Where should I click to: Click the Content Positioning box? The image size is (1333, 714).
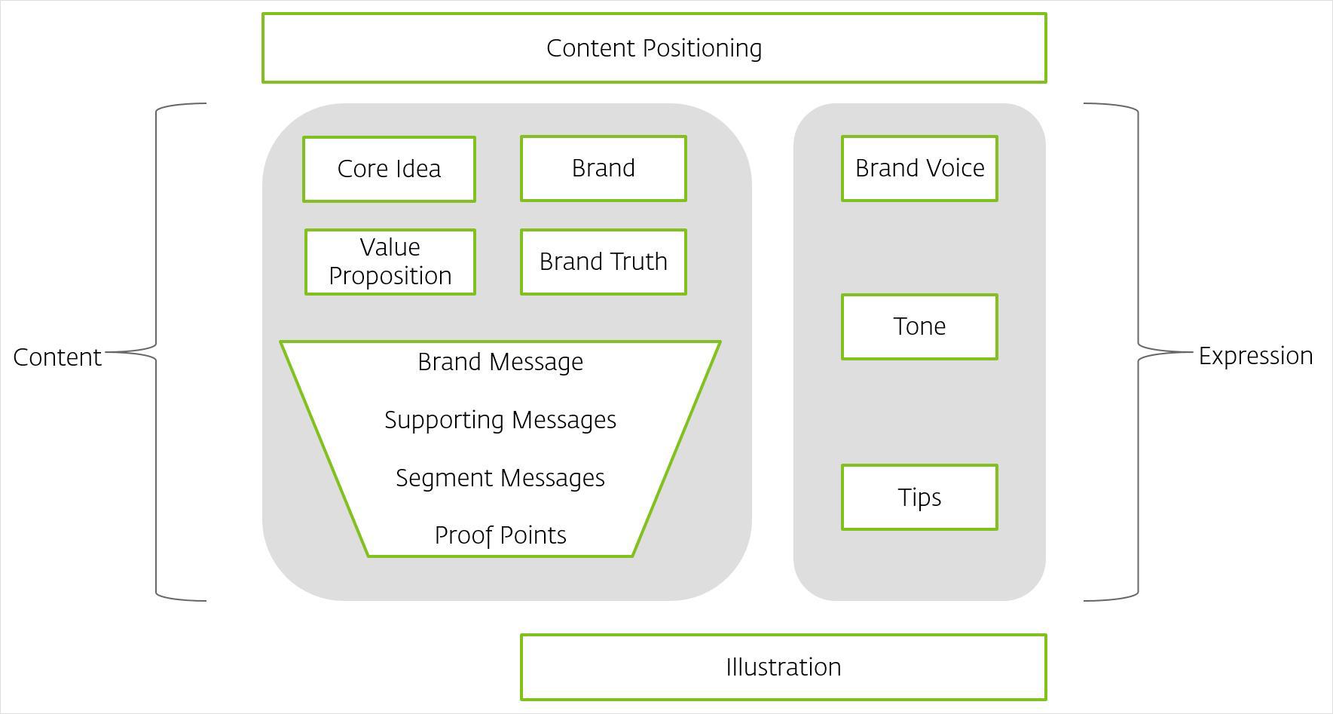tap(654, 47)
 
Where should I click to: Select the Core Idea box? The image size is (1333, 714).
tap(389, 169)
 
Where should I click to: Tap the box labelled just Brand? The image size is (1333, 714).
tap(604, 168)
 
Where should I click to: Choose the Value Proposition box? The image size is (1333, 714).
tap(390, 262)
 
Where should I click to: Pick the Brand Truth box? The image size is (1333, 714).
tap(604, 262)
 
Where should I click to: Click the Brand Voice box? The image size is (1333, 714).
tap(919, 168)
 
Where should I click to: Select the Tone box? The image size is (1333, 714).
tap(919, 326)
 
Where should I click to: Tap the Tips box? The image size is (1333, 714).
tap(919, 497)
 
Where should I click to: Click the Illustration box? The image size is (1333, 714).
tap(784, 667)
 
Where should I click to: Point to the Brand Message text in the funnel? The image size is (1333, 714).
tap(500, 362)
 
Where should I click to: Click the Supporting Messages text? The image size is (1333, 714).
tap(500, 420)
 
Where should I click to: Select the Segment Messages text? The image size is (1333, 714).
tap(500, 478)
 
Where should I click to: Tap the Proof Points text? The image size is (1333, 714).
tap(500, 535)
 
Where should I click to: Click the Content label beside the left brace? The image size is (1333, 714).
tap(57, 357)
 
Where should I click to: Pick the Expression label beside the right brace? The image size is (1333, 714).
tap(1255, 356)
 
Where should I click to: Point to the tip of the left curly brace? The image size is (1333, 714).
tap(106, 352)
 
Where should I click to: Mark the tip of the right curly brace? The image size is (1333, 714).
tap(1193, 352)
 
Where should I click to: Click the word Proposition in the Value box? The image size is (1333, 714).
tap(390, 276)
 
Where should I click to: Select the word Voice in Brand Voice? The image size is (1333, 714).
tap(952, 168)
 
